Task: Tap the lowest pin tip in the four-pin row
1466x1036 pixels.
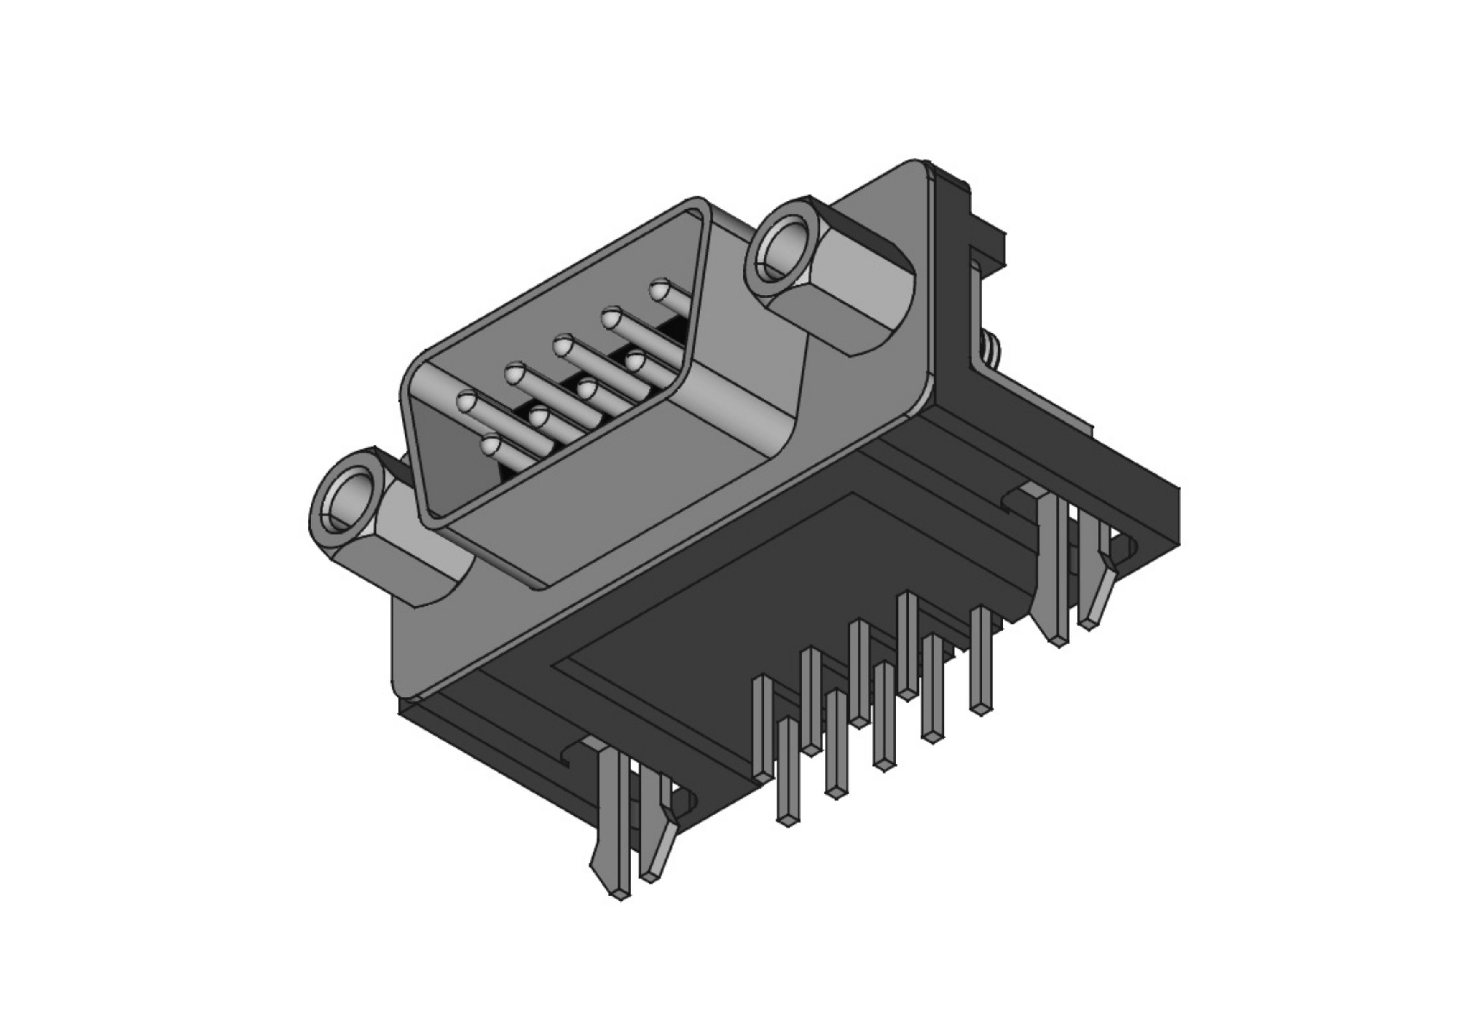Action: click(x=490, y=445)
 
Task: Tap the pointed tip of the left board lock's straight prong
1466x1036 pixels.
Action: click(x=618, y=893)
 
